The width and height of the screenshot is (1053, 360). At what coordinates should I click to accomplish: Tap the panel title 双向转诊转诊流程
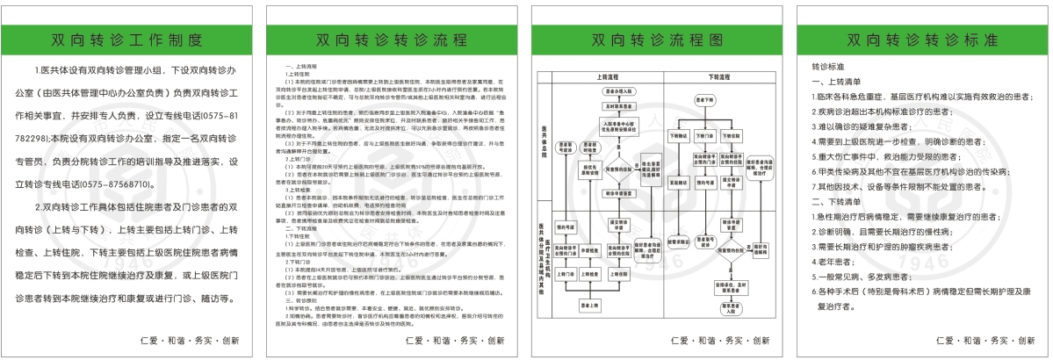pyautogui.click(x=393, y=40)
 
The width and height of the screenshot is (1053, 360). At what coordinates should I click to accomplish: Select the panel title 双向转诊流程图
pyautogui.click(x=657, y=40)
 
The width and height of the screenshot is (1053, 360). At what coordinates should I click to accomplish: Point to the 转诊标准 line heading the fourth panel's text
pyautogui.click(x=826, y=67)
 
